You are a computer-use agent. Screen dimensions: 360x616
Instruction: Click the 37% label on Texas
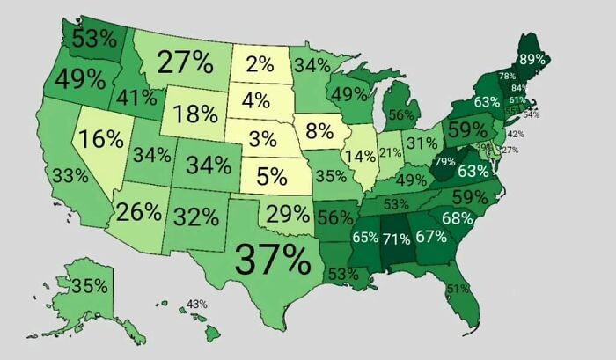click(273, 260)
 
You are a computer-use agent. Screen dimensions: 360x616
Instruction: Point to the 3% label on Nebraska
click(262, 139)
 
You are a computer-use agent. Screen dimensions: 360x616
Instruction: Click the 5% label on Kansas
click(274, 176)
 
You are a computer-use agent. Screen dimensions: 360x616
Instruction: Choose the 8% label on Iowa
click(320, 133)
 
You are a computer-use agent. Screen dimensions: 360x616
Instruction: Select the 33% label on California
click(70, 175)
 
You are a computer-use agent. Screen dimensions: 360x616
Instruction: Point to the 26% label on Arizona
click(139, 211)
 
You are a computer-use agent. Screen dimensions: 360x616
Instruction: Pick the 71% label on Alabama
click(396, 237)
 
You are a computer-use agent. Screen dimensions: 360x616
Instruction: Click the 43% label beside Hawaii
click(196, 304)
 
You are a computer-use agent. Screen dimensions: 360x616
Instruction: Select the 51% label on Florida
click(457, 289)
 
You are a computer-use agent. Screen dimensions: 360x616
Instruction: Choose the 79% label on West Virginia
click(444, 161)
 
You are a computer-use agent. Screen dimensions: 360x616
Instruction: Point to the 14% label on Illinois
click(360, 157)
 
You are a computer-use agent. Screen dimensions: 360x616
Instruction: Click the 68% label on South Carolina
click(458, 217)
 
